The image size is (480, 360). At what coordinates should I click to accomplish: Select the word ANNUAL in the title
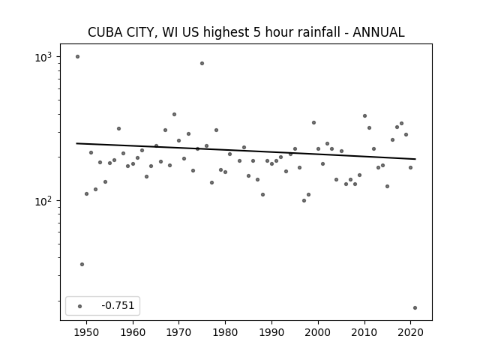click(x=379, y=32)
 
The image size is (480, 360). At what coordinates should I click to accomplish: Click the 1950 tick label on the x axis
click(x=87, y=332)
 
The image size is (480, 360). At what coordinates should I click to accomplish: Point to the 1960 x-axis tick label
click(x=133, y=332)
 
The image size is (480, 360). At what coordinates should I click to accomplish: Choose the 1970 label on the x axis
click(x=178, y=332)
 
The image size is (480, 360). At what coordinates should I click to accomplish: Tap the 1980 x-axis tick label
click(x=225, y=332)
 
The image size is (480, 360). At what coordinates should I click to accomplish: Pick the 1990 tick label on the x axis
click(x=271, y=332)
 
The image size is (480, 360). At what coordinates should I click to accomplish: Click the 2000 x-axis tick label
click(x=318, y=332)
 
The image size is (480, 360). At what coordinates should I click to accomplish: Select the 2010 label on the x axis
click(x=364, y=332)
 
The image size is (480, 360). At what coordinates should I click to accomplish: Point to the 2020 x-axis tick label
click(x=410, y=332)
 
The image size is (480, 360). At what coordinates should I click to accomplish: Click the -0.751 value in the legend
click(x=118, y=305)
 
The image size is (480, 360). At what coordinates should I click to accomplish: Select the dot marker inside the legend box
click(x=80, y=306)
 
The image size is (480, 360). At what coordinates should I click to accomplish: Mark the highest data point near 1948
click(x=77, y=57)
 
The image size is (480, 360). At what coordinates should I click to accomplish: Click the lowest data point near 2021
click(x=415, y=308)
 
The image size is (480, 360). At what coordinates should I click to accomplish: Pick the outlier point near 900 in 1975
click(x=202, y=63)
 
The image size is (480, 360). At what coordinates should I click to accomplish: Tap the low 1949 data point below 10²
click(x=82, y=265)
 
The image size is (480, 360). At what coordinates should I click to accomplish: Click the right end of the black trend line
click(x=415, y=159)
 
